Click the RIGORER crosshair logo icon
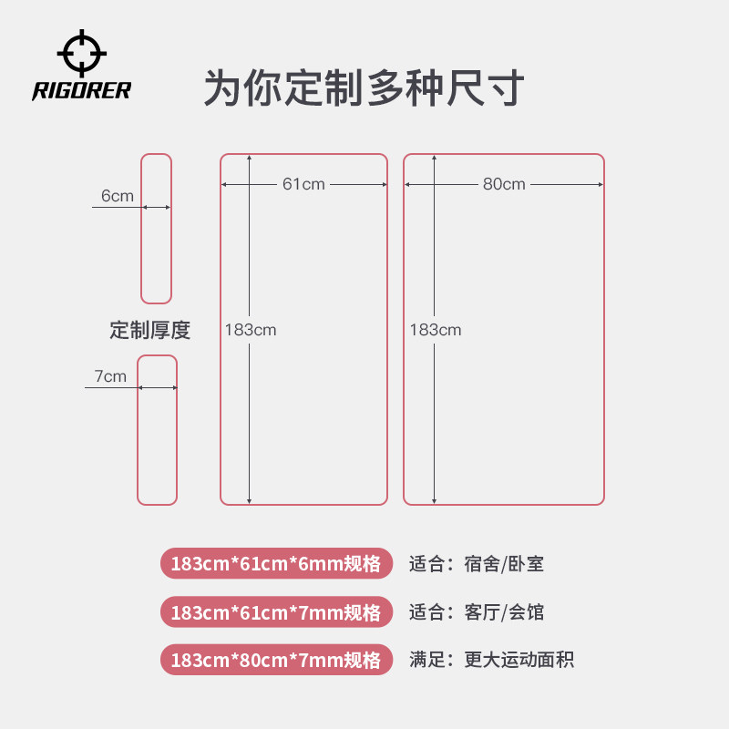[x=81, y=53]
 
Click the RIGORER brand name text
[x=82, y=90]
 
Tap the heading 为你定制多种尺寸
[x=364, y=88]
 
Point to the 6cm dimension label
[x=118, y=196]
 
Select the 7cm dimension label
[x=110, y=376]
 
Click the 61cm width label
[x=303, y=184]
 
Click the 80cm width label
[x=504, y=184]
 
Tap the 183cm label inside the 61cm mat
[x=251, y=330]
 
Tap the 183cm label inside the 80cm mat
[x=436, y=330]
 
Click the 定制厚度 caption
[x=150, y=330]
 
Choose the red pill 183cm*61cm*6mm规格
[x=276, y=563]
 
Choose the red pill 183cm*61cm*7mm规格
[x=276, y=611]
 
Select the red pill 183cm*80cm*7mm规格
[x=276, y=660]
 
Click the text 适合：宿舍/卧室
[x=477, y=564]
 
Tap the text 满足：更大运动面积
[x=492, y=660]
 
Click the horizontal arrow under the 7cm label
[x=157, y=388]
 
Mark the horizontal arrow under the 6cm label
[x=156, y=208]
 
